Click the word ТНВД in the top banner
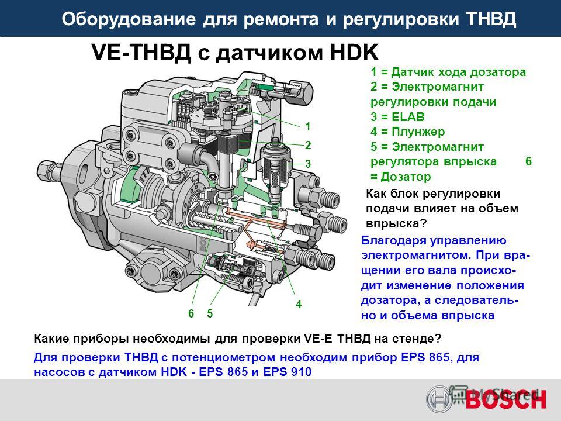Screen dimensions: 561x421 pos(491,19)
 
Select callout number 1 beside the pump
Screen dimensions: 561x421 pos(308,126)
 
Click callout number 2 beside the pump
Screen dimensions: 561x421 pos(308,145)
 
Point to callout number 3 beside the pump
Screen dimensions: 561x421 pos(308,164)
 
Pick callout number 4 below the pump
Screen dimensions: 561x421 pos(299,304)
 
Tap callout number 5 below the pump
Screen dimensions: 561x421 pos(210,313)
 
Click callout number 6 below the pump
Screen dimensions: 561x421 pos(191,313)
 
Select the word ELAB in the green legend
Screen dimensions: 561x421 pos(408,117)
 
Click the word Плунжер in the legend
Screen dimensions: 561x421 pos(418,132)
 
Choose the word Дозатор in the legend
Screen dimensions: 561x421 pos(406,177)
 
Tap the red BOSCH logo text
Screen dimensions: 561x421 pos(505,399)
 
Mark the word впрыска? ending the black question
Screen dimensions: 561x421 pos(396,224)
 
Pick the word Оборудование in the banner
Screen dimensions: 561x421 pos(129,19)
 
